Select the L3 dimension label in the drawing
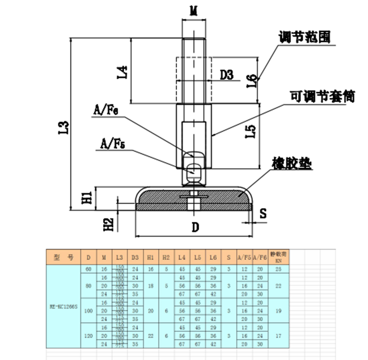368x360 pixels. point(65,127)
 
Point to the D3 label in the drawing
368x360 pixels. point(227,75)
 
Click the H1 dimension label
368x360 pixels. point(87,198)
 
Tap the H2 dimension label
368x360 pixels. point(108,224)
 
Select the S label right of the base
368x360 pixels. point(263,213)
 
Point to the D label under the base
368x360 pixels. point(195,227)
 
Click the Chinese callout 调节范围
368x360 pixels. point(305,37)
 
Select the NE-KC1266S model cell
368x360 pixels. point(63,307)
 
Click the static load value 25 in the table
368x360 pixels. point(277,269)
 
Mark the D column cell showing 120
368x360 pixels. point(89,336)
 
